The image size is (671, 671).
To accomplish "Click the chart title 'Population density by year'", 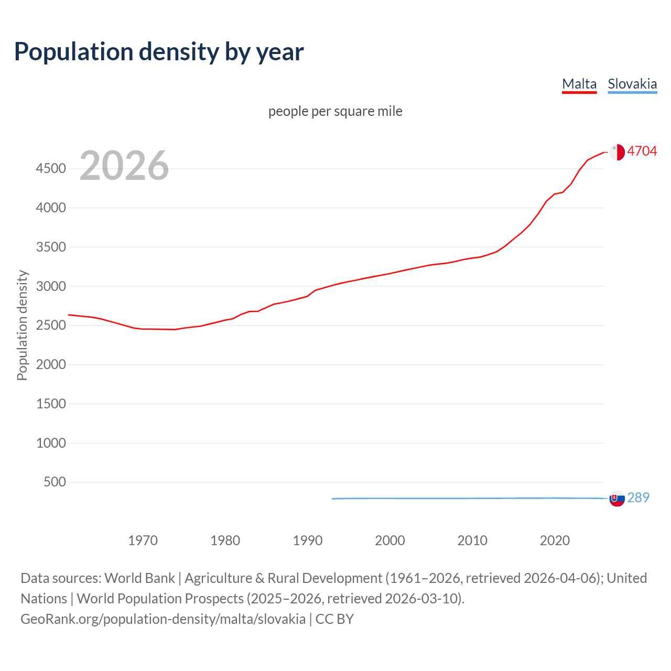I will click(159, 52).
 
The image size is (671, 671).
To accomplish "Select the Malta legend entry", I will click(579, 84).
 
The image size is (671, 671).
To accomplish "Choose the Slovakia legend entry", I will click(632, 84).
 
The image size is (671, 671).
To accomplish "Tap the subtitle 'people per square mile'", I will click(335, 111).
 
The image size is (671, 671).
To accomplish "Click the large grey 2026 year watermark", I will click(124, 166).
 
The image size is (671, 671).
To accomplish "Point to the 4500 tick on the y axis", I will click(51, 168).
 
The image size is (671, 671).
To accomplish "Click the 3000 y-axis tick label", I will click(51, 286).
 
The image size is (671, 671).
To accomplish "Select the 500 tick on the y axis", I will click(55, 482).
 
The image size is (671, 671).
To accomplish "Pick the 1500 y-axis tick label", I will click(51, 404).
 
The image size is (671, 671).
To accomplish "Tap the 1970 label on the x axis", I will click(143, 540).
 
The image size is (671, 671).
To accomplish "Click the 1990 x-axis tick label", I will click(308, 540).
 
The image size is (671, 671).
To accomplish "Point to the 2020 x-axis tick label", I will click(555, 540).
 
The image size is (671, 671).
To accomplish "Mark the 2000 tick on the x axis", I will click(390, 540).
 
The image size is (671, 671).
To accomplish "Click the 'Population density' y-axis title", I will click(22, 325).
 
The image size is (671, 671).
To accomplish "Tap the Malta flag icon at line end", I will click(617, 152).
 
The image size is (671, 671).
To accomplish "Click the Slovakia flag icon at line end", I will click(617, 499).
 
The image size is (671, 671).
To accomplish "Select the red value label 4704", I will click(642, 151).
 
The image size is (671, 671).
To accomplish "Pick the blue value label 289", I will click(638, 497).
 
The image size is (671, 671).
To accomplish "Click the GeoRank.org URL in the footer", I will click(163, 619).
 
